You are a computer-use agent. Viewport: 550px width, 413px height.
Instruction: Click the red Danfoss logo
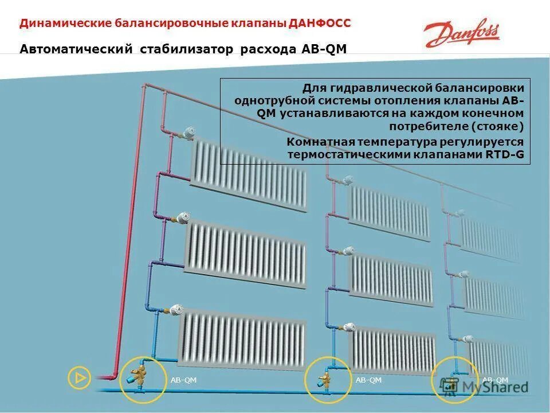[462, 35]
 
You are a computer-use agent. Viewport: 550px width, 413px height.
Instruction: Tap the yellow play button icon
[79, 377]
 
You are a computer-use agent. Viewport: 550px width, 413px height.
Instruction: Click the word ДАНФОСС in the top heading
[320, 24]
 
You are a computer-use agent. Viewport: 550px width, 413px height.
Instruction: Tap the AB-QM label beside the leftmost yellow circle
[183, 380]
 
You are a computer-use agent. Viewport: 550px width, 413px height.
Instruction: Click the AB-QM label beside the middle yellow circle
[368, 380]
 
